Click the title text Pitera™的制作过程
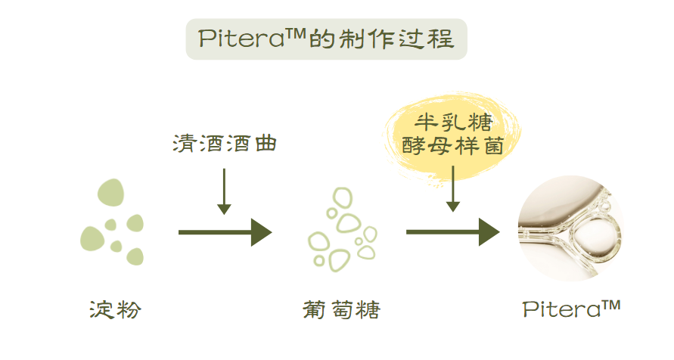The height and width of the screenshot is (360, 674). (326, 39)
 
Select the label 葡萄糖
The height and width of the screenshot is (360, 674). (340, 309)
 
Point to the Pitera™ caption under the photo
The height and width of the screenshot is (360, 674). (571, 309)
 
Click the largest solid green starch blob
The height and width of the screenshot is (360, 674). (110, 193)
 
